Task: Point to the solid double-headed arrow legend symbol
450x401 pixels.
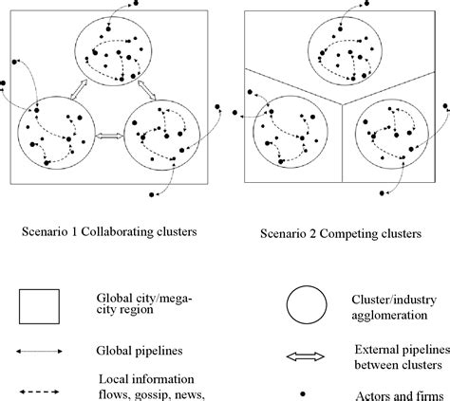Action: (x=39, y=350)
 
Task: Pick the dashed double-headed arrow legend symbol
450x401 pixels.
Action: (x=39, y=388)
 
